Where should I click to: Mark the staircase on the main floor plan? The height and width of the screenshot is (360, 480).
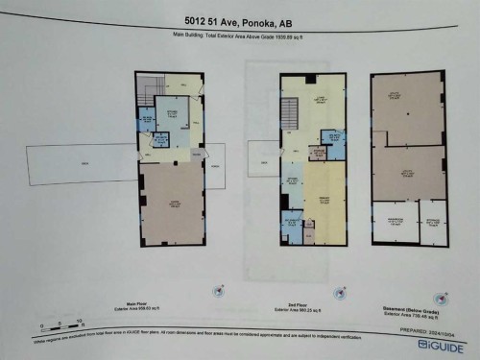click(145, 92)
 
